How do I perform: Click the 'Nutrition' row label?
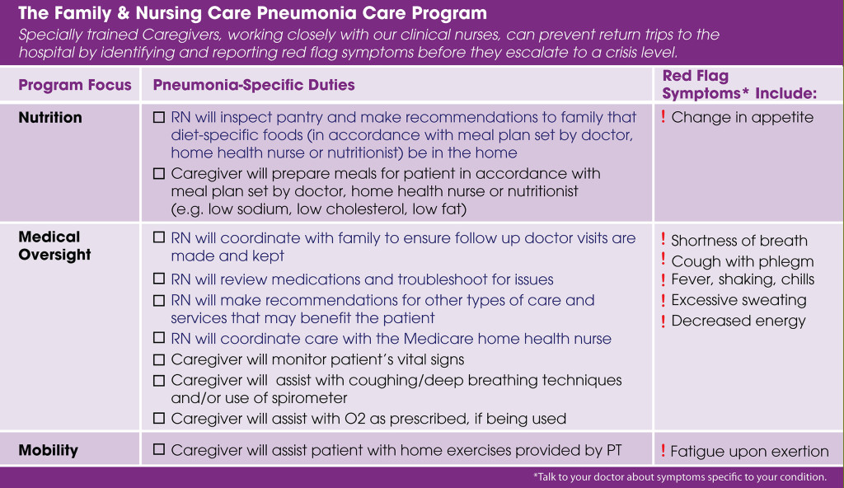50,118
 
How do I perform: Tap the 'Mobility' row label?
48,450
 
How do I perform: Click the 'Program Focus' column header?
75,85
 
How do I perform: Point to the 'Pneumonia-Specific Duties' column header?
254,85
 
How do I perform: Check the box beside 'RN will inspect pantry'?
159,117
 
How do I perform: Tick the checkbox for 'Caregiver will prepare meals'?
159,174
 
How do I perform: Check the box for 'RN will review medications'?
159,279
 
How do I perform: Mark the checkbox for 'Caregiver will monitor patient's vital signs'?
159,359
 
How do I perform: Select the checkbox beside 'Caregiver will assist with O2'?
159,419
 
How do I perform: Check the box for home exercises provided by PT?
159,450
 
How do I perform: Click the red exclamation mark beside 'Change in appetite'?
663,117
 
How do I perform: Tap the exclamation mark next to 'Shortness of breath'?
663,240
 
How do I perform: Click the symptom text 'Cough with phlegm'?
742,261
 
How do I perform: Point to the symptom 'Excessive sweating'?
738,300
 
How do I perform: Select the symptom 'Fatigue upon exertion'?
748,451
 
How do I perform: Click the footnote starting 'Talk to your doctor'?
679,477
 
